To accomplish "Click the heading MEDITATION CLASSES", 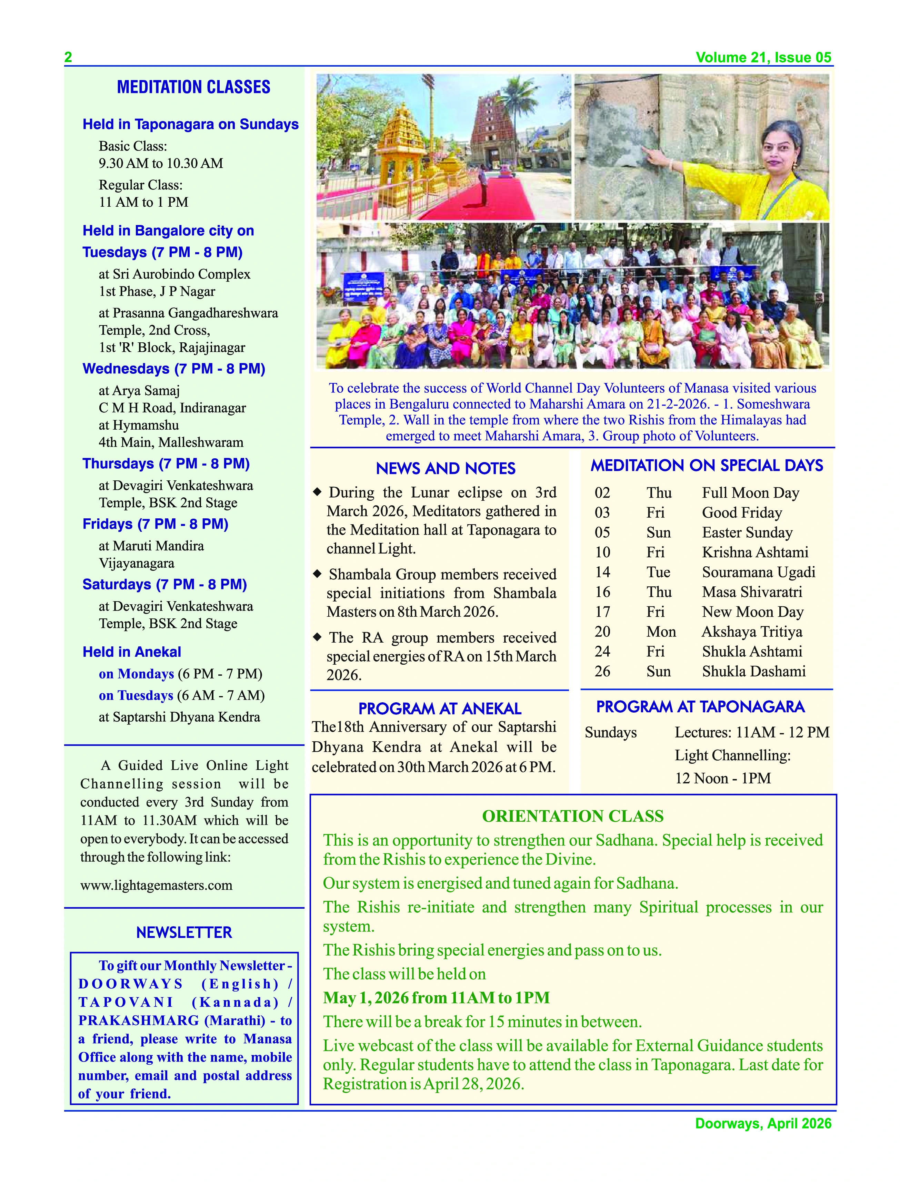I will coord(193,87).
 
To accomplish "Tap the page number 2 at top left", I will coord(68,57).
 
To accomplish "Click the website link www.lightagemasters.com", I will coord(157,885).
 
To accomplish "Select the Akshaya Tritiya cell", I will coord(752,632).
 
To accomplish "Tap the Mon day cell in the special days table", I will coord(661,632).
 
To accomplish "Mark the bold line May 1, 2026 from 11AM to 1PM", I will coord(436,998).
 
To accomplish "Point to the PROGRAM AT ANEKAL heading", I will coord(439,709).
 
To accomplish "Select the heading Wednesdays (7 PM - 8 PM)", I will coord(173,369).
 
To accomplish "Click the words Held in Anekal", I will coord(132,652).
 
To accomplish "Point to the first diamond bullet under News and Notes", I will coord(317,491).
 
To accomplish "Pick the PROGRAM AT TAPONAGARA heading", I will coord(700,706).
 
